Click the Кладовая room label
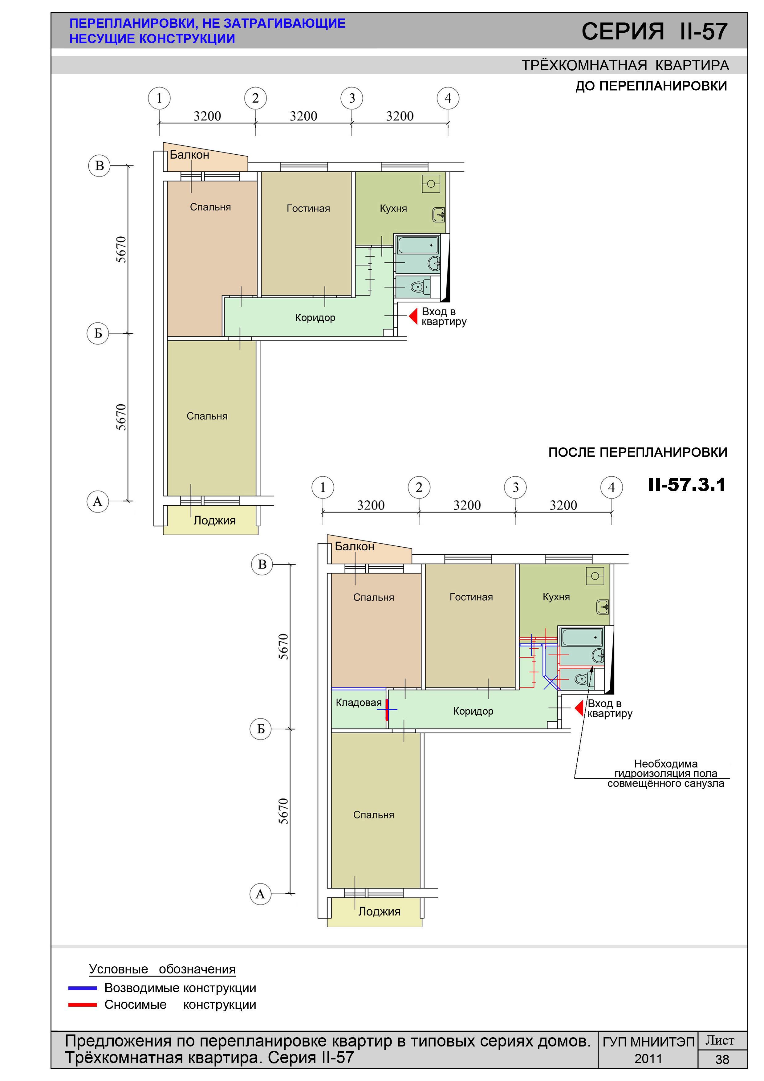pyautogui.click(x=359, y=703)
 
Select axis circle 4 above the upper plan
pyautogui.click(x=448, y=98)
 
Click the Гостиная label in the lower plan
pyautogui.click(x=471, y=597)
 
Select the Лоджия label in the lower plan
pyautogui.click(x=380, y=912)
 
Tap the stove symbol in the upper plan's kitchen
pyautogui.click(x=431, y=184)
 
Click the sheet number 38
pyautogui.click(x=722, y=1059)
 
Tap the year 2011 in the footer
pyautogui.click(x=648, y=1059)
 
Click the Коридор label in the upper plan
pyautogui.click(x=315, y=318)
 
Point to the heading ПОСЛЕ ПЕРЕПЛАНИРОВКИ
pyautogui.click(x=638, y=452)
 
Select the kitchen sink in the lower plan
pyautogui.click(x=603, y=607)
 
